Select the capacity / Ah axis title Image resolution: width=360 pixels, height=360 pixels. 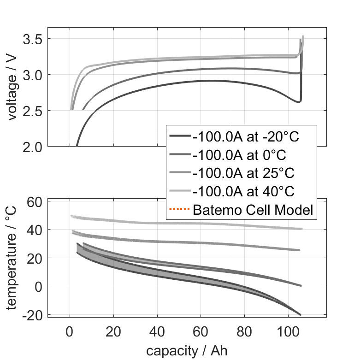tap(187, 350)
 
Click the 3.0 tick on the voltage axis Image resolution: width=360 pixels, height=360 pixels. tap(31, 75)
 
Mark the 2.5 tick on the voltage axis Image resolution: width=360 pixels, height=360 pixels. tap(31, 111)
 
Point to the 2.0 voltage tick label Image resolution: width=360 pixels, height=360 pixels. tap(31, 146)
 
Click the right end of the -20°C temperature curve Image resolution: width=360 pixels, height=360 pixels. tap(301, 315)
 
